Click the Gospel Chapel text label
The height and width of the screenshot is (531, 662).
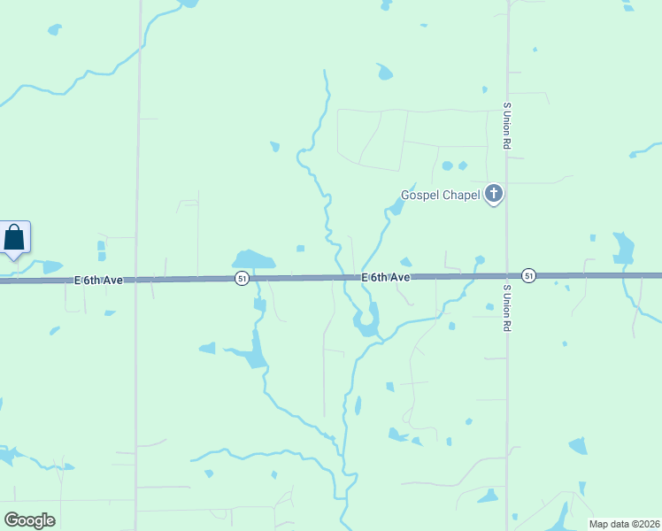click(440, 195)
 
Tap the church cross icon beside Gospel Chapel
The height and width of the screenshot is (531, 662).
click(494, 194)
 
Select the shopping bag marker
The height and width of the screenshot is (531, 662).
click(15, 237)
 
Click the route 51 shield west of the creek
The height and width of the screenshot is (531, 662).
click(242, 278)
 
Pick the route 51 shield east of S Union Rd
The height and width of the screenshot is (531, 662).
click(528, 275)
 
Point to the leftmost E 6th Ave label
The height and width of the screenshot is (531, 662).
click(97, 280)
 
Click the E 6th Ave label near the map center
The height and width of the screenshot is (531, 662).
click(385, 277)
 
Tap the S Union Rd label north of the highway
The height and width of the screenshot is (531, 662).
click(506, 125)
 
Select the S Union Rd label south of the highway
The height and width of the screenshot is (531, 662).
click(507, 308)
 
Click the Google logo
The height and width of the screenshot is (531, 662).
click(29, 520)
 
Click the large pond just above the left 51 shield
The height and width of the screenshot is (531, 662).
click(252, 259)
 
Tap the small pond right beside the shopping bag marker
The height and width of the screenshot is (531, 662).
click(52, 266)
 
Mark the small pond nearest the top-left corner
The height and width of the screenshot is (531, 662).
click(55, 30)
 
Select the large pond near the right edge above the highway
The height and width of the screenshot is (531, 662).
click(624, 248)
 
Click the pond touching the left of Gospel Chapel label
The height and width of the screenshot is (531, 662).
click(395, 208)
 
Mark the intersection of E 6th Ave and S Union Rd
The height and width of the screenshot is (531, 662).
click(507, 276)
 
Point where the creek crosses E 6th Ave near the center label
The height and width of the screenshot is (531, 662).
click(340, 277)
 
